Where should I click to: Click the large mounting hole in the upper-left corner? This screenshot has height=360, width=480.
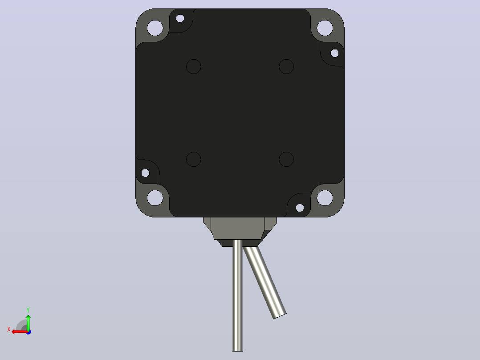[x=155, y=28]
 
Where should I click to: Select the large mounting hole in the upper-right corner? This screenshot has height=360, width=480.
[x=325, y=28]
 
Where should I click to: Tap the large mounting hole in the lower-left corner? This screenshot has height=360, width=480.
[x=155, y=198]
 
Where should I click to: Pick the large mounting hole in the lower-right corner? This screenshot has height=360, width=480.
[x=325, y=198]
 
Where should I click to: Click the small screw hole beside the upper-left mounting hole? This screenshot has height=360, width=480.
[x=180, y=18]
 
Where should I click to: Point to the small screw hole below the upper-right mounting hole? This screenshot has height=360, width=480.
[x=334, y=53]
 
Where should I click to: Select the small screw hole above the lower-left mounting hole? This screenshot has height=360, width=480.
[x=146, y=173]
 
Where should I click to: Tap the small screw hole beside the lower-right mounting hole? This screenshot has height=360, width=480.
[x=300, y=208]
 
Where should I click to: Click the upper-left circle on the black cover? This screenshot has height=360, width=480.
[x=194, y=66]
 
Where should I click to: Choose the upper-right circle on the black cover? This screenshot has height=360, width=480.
[x=286, y=66]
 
